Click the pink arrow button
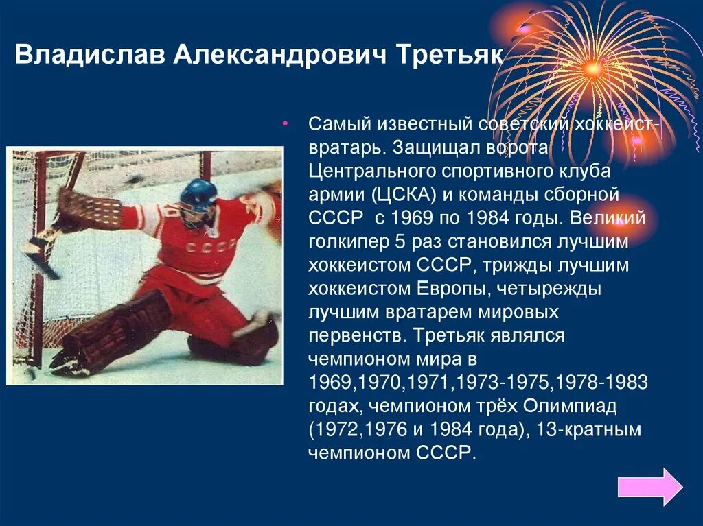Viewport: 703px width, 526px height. pos(649,486)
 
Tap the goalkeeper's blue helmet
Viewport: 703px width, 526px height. pos(198,195)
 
